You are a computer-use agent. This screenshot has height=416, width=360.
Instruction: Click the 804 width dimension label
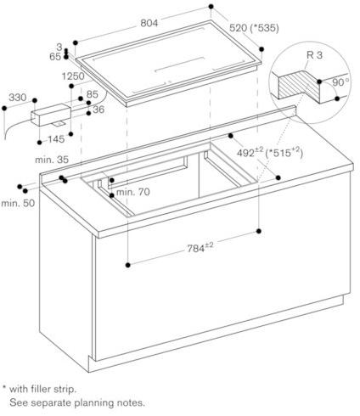coord(149,23)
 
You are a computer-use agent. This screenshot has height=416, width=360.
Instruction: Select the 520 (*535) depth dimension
coord(254,28)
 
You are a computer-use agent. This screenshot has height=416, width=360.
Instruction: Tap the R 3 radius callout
coord(314,55)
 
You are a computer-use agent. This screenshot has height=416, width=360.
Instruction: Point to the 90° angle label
coord(340,82)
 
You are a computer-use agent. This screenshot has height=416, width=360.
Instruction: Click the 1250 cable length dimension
coord(73,76)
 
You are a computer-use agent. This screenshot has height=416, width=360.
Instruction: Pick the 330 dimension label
coord(18,98)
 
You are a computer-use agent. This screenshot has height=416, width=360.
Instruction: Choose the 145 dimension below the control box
coord(56,139)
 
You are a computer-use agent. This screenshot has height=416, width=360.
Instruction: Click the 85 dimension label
coord(93,94)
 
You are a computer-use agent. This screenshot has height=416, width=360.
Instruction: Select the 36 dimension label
coord(98,110)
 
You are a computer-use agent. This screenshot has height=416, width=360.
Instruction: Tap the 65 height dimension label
coord(55,57)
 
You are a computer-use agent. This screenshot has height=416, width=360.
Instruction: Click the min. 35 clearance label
coord(52,160)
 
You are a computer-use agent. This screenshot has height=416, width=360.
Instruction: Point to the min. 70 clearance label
coord(133,192)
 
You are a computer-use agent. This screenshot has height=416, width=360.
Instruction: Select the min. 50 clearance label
coord(18,203)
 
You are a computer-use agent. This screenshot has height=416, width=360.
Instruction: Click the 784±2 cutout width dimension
coord(200,248)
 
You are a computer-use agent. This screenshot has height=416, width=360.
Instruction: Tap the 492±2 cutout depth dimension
coord(250,152)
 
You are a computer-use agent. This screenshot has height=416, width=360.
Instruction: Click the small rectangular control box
coord(51,115)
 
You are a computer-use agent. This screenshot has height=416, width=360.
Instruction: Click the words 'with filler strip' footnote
coord(43,389)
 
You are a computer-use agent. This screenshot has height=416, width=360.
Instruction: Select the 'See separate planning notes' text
coord(77,402)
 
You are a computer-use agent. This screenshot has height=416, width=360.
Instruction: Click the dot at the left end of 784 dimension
coord(128,265)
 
